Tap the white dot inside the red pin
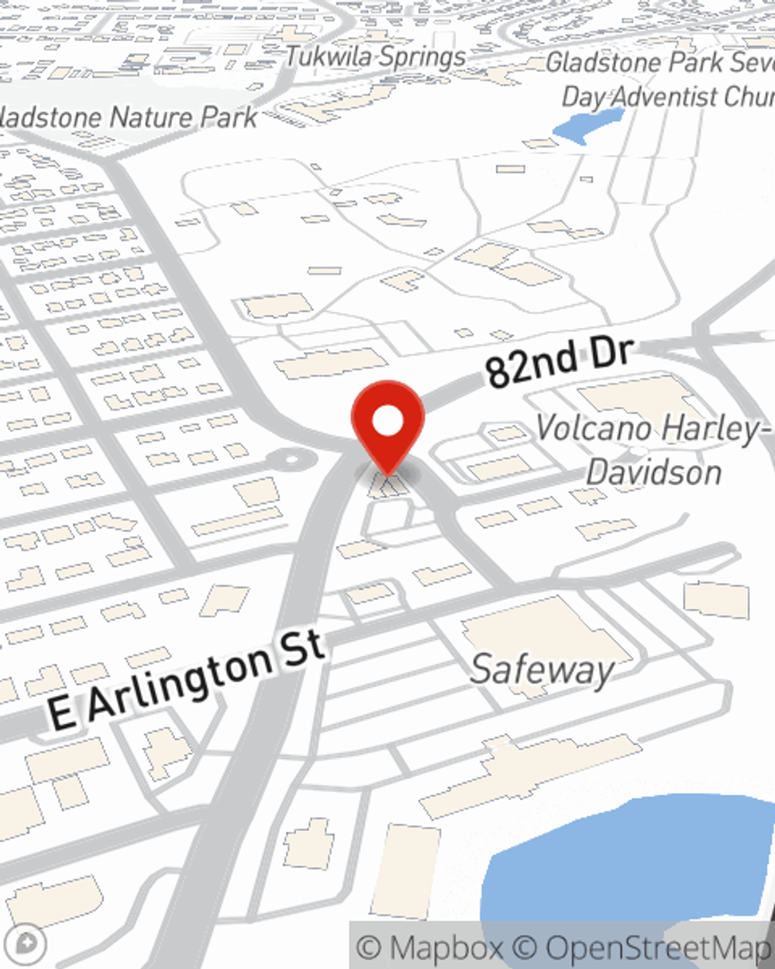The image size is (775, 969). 387,421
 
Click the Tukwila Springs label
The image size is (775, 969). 376,57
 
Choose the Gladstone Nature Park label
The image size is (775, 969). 129,118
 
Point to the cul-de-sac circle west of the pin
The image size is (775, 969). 292,460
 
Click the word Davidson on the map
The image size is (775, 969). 653,471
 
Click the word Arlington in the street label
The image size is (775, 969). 180,682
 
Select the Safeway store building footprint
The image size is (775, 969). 542,628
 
